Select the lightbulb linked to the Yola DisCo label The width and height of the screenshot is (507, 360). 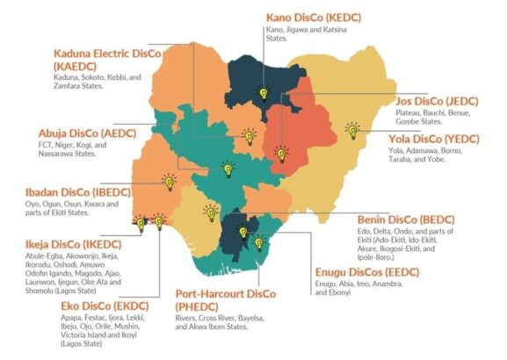tap(352, 131)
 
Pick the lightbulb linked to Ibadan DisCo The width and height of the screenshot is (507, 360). tap(169, 183)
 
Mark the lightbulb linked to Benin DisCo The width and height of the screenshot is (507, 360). tap(211, 212)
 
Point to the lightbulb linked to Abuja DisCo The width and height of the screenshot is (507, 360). tap(228, 168)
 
